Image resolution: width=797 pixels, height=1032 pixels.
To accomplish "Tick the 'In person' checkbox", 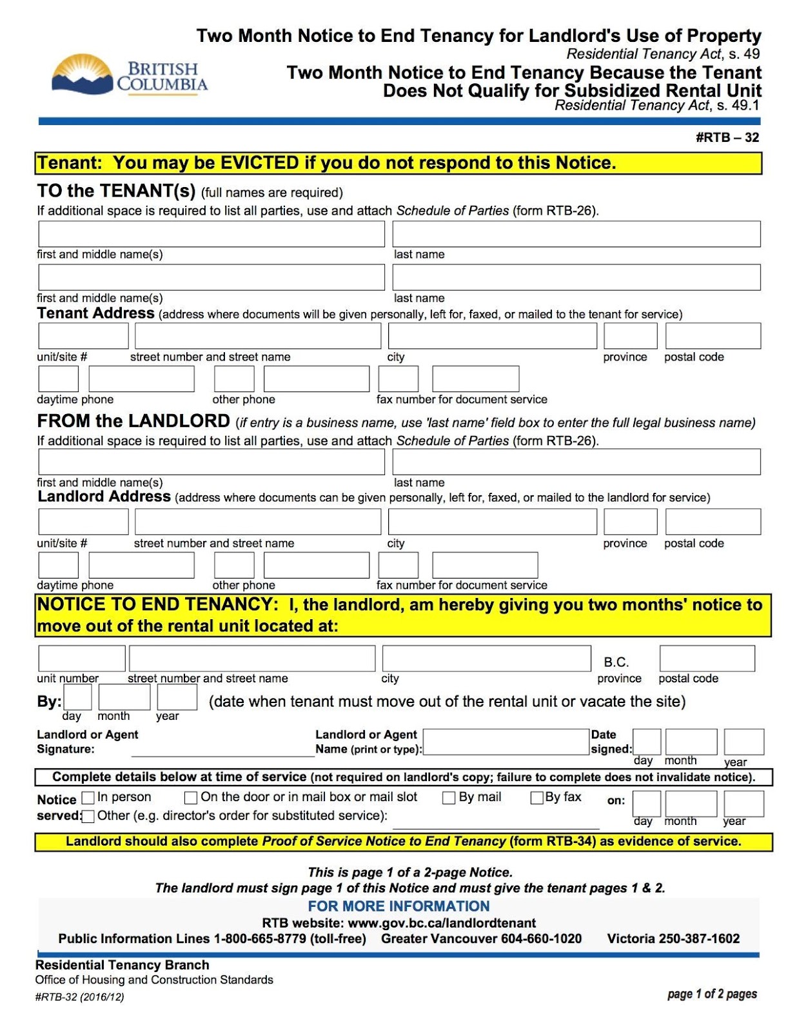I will click(88, 799).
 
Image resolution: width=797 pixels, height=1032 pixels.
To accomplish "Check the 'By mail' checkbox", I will click(449, 798).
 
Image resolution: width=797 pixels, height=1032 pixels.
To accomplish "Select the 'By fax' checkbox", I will click(536, 798).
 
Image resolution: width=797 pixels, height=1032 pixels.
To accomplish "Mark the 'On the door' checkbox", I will click(191, 798).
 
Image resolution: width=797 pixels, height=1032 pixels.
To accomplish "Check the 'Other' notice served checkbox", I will click(88, 817).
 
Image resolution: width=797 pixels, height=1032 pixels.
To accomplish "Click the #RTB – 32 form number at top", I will click(727, 137).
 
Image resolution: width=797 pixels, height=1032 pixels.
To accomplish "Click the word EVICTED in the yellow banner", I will click(260, 163).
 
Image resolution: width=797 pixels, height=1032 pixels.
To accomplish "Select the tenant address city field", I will click(492, 336).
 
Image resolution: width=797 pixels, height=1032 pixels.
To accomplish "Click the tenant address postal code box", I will click(713, 336).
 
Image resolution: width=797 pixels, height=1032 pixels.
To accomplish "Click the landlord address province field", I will click(630, 522).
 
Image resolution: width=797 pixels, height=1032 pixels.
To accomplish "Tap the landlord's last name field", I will click(576, 462).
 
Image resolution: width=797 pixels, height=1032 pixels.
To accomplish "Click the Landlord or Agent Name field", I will click(506, 742).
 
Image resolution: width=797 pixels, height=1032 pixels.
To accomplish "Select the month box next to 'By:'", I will click(124, 697).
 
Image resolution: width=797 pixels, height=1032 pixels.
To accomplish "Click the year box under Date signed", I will click(743, 742).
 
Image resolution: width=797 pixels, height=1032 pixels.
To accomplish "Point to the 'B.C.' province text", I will click(616, 662).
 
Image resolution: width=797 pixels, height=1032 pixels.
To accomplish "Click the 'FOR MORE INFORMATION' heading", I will click(398, 906).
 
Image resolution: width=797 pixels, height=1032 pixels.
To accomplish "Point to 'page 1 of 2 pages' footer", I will click(712, 994).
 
